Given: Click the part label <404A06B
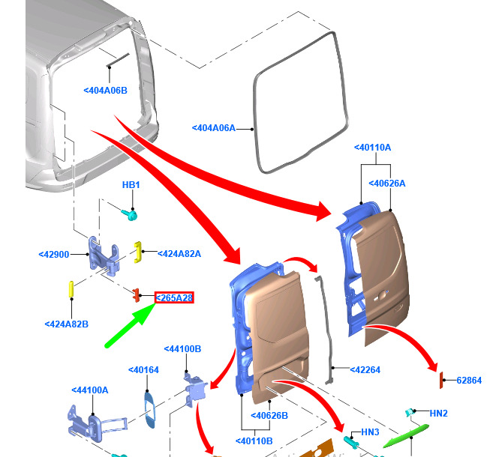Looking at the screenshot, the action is (105, 91).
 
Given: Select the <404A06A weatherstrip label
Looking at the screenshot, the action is (214, 128).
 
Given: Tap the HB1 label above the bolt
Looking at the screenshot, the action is (131, 184).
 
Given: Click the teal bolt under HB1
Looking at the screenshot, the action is (130, 214).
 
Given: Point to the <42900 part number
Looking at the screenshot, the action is (54, 255).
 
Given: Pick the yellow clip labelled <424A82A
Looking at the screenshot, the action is (137, 252).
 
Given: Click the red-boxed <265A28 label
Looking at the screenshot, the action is (174, 297).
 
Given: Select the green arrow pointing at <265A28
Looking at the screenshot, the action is (130, 325).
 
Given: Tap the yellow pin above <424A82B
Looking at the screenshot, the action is (71, 289).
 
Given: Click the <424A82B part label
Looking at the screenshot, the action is (67, 324).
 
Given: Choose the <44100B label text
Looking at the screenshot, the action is (182, 349).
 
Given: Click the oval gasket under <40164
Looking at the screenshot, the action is (150, 410).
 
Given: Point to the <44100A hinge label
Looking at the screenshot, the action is (90, 390).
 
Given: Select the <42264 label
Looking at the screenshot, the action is (365, 370).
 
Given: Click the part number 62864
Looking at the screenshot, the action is (469, 381).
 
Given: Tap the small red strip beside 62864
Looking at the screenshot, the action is (441, 381).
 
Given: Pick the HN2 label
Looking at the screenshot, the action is (438, 414).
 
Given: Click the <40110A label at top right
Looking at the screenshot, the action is (373, 148).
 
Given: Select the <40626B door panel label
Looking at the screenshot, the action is (269, 416).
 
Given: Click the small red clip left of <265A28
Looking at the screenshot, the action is (137, 295).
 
